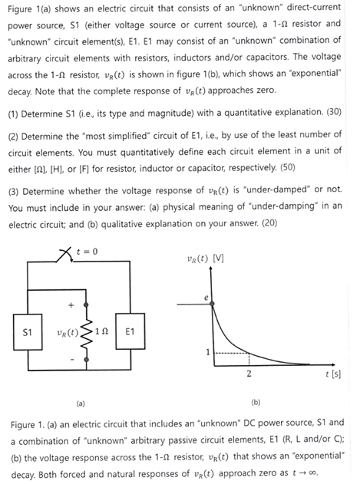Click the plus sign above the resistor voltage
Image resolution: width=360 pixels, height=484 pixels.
[71, 305]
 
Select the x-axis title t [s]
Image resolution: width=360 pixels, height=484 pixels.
[334, 376]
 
